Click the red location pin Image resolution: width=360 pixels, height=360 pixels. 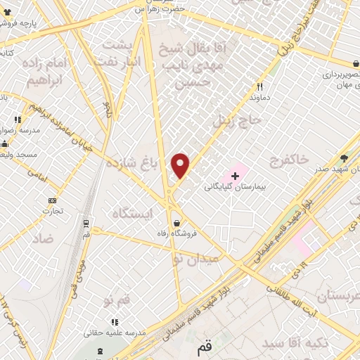coord(181,165)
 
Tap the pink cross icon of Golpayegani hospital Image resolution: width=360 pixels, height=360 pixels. coord(235,174)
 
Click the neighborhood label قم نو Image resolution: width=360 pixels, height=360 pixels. coord(117,301)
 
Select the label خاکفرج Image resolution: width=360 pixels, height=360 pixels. coord(289,160)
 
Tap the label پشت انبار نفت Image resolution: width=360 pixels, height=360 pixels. coord(121,53)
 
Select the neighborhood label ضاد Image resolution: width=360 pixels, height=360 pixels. coord(41,238)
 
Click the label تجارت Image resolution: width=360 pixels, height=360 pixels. coord(53,210)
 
